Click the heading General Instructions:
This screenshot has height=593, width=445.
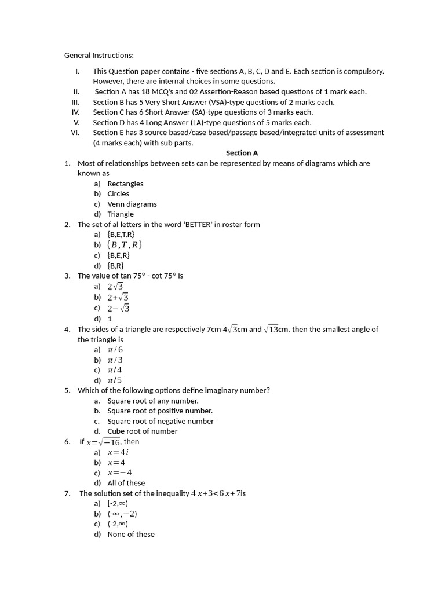[99, 56]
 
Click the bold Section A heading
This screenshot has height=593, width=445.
[242, 153]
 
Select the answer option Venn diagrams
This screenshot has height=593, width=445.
[132, 204]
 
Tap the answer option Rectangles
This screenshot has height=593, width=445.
[125, 184]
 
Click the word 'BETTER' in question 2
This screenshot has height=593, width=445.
[198, 225]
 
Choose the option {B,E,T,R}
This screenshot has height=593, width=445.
[121, 235]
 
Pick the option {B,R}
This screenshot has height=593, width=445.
[115, 265]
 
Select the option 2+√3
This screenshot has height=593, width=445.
[118, 297]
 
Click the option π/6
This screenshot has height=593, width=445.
[115, 350]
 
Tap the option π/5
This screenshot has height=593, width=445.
[115, 380]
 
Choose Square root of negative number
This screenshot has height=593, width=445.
[160, 421]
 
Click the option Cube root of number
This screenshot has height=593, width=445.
[142, 431]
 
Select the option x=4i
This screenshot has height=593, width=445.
[118, 452]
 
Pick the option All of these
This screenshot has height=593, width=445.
[126, 483]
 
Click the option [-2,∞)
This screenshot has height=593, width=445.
[118, 503]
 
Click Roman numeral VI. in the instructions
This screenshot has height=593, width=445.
[74, 133]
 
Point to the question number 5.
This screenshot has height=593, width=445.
[67, 390]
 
